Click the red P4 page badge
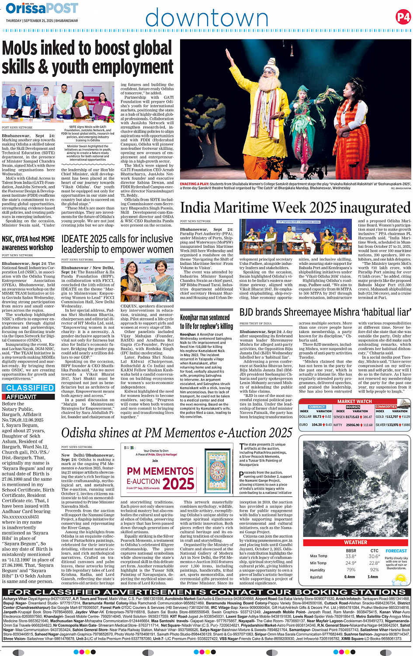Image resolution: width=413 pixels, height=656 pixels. tap(403, 17)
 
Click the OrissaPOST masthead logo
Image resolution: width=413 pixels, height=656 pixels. tap(42, 8)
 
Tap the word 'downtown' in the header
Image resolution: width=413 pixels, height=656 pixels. tap(206, 18)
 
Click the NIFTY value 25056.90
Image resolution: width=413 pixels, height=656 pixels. tap(353, 425)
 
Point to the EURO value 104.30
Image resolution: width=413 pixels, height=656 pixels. tap(316, 425)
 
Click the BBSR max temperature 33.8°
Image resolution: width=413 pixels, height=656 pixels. tap(351, 557)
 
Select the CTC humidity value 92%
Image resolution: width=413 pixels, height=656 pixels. tap(375, 570)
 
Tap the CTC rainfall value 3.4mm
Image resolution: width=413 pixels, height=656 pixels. tap(373, 577)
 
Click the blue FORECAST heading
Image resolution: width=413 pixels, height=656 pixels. tap(396, 551)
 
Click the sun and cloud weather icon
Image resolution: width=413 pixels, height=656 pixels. tap(400, 579)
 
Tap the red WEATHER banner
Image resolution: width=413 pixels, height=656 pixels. tap(355, 542)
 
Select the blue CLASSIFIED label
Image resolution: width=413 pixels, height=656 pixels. tap(30, 388)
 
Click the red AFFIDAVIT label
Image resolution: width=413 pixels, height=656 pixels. tap(21, 397)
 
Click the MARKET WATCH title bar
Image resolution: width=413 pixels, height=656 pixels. tap(354, 401)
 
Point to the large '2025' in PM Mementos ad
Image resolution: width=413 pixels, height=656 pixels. tap(178, 484)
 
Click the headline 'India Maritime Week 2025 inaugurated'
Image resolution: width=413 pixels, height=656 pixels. tap(295, 208)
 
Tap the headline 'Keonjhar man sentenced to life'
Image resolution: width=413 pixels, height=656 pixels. tap(206, 322)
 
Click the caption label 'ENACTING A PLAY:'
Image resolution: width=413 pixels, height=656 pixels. tap(194, 184)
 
